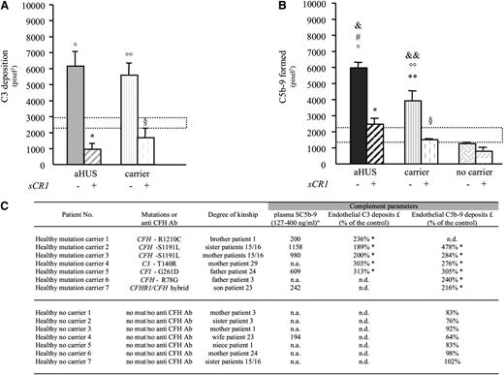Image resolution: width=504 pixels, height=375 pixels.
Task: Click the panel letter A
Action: (7, 8)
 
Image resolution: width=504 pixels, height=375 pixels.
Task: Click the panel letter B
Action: (255, 8)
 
